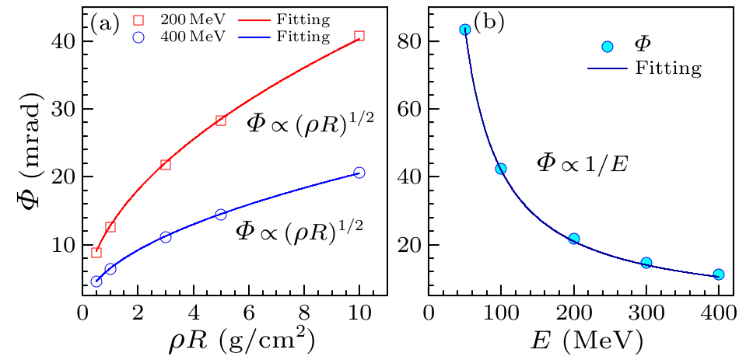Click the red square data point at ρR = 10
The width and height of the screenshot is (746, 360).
pos(359,36)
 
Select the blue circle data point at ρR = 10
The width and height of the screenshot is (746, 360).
pos(359,173)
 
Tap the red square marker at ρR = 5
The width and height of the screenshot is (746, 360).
pos(220,121)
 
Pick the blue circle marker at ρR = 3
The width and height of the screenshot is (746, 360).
pos(165,237)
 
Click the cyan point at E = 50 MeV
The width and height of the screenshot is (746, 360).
pos(465,30)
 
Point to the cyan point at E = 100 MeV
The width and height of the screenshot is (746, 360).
pos(501,169)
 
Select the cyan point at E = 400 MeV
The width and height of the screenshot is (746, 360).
pos(718,274)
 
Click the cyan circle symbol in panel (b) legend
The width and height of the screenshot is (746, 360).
pos(608,47)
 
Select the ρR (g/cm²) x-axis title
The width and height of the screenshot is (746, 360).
pos(233,339)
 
